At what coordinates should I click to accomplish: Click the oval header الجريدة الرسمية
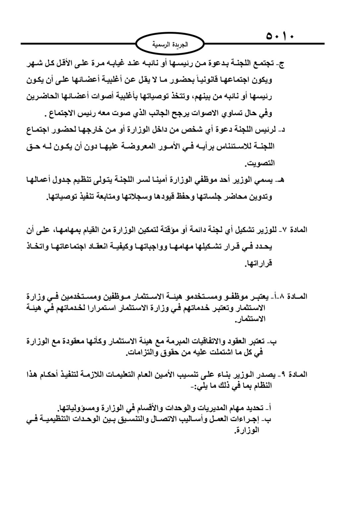[x=170, y=44]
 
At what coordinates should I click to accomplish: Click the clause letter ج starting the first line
[x=281, y=64]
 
